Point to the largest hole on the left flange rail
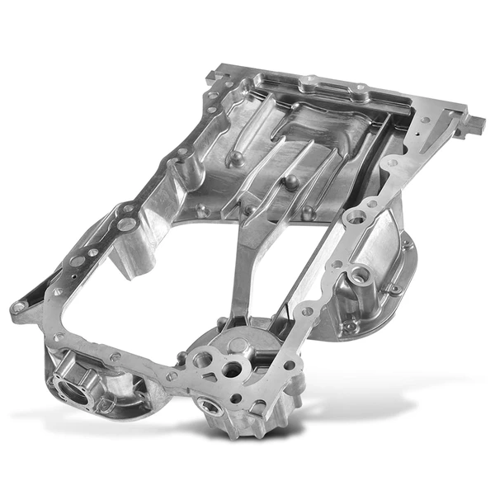(x=124, y=224)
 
